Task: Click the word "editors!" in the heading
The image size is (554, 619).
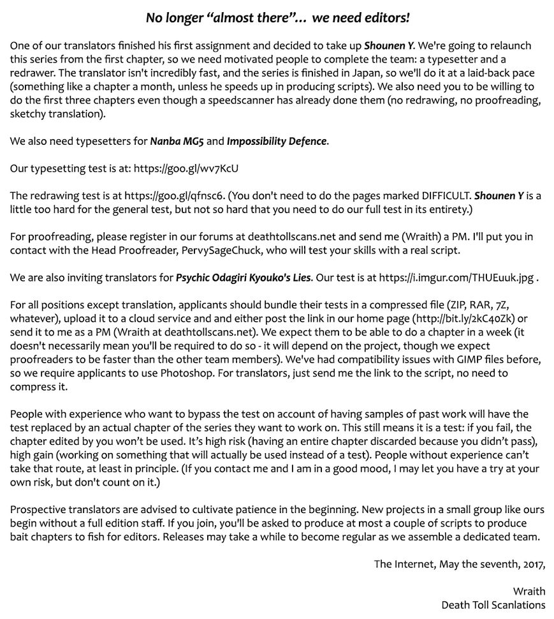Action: click(383, 18)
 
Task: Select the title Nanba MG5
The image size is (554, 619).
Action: click(177, 141)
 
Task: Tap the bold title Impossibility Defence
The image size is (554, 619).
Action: click(277, 141)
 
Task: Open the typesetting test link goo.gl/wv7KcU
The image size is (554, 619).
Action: click(186, 168)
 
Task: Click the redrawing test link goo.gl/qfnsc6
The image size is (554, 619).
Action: click(175, 196)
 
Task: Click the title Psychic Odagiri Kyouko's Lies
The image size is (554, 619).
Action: click(244, 278)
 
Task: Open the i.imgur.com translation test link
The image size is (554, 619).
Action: click(456, 278)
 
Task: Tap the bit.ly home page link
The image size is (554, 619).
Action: click(469, 318)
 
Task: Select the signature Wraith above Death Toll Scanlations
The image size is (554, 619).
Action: click(528, 591)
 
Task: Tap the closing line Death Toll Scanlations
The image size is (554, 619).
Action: click(493, 605)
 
